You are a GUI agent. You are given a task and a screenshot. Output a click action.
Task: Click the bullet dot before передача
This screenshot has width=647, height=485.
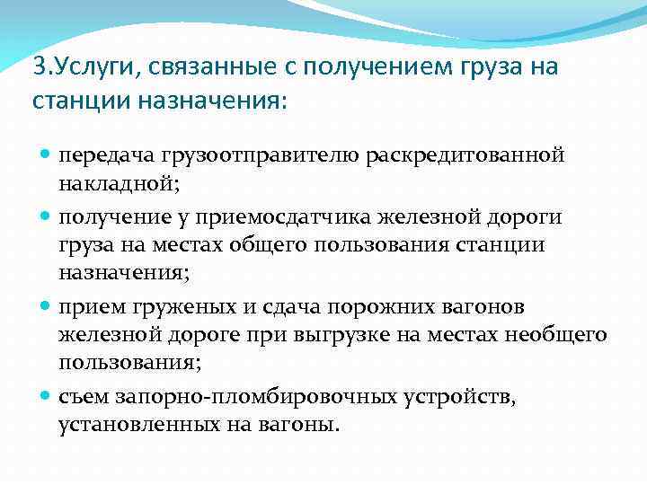[46, 154]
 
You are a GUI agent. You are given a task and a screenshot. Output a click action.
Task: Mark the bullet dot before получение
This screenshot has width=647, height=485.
[46, 216]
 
